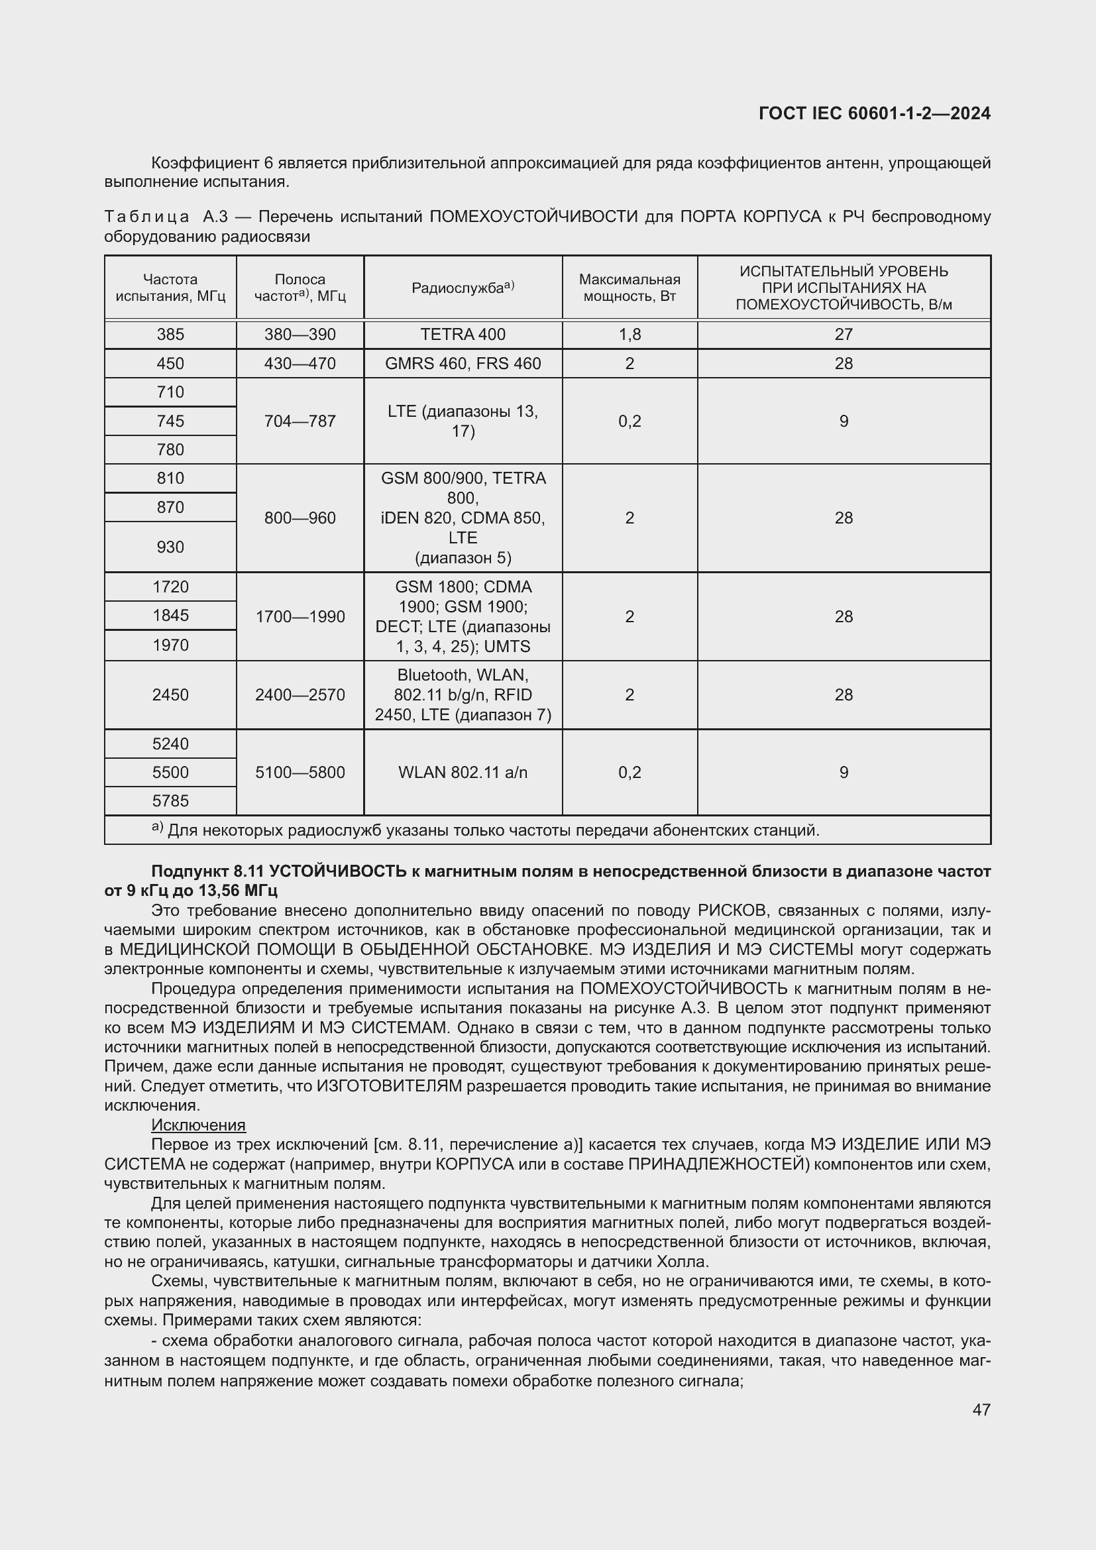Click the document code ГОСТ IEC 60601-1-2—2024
pyautogui.click(x=874, y=113)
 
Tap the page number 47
pyautogui.click(x=981, y=1409)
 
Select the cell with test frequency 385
pyautogui.click(x=170, y=334)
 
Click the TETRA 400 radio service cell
pyautogui.click(x=463, y=334)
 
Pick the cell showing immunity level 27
pyautogui.click(x=843, y=334)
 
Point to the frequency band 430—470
pyautogui.click(x=300, y=363)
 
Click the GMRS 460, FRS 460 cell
pyautogui.click(x=463, y=363)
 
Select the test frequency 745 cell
pyautogui.click(x=170, y=421)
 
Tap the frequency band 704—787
pyautogui.click(x=300, y=421)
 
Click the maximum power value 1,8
pyautogui.click(x=629, y=334)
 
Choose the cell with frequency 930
pyautogui.click(x=170, y=547)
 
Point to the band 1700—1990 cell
pyautogui.click(x=300, y=616)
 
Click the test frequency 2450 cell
pyautogui.click(x=170, y=694)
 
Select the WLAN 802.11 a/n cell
pyautogui.click(x=463, y=772)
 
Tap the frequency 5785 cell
pyautogui.click(x=170, y=801)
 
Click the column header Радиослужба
pyautogui.click(x=463, y=288)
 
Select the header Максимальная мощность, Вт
pyautogui.click(x=629, y=288)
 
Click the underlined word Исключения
pyautogui.click(x=198, y=1125)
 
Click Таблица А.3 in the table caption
pyautogui.click(x=166, y=217)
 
